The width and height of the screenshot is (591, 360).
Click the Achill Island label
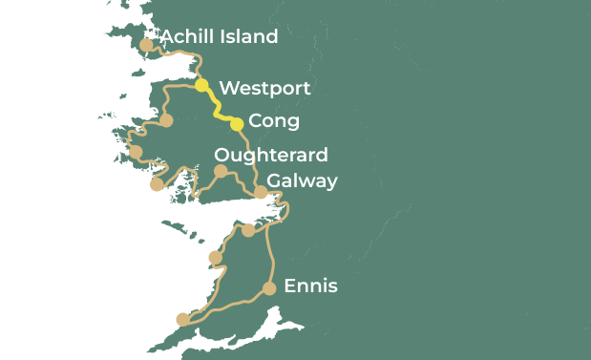pos(219,37)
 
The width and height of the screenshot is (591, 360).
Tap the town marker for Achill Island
pos(146,45)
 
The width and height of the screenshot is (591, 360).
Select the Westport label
pos(264,89)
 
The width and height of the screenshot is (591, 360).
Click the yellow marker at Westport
pos(201,86)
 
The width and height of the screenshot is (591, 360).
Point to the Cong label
pos(273,121)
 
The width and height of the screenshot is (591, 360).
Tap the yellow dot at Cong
pos(237,123)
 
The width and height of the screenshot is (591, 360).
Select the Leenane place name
pos(116,113)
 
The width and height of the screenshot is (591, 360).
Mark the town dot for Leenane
pos(166,121)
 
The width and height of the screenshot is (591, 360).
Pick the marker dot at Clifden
pos(136,152)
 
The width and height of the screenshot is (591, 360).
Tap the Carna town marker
pos(157,185)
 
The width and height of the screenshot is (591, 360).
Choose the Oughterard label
pos(271,155)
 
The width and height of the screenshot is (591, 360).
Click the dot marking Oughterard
pos(221,172)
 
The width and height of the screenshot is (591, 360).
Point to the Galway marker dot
pos(261,193)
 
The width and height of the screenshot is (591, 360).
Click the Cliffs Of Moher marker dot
pos(215,258)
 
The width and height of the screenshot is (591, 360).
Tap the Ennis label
pos(310,286)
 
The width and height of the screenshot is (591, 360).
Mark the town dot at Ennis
pos(269,288)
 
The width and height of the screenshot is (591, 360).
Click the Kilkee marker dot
pos(183,320)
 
